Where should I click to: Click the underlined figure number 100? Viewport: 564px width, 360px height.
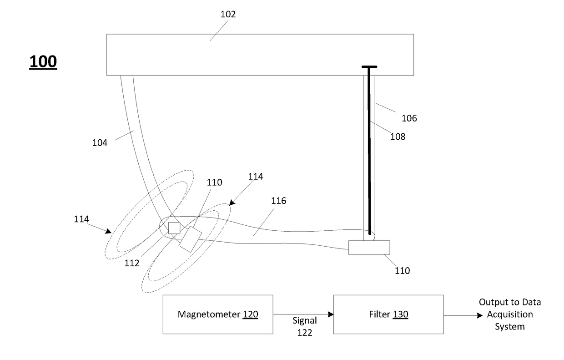(x=43, y=61)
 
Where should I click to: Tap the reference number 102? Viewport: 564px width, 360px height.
(x=228, y=15)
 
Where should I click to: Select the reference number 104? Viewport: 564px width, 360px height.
(x=100, y=142)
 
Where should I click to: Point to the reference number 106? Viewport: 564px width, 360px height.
(x=409, y=118)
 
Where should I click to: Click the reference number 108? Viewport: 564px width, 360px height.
(x=397, y=136)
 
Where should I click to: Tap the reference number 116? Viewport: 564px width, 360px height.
(x=278, y=201)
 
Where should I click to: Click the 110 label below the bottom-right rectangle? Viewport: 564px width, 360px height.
(x=402, y=271)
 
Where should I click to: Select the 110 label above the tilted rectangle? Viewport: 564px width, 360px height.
(x=214, y=183)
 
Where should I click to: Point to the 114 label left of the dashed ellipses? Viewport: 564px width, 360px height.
(x=82, y=219)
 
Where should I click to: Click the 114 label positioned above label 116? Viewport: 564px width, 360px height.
(x=255, y=177)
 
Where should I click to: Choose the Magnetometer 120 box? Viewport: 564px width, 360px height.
(x=218, y=314)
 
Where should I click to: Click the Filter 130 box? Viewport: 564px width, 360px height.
(x=388, y=314)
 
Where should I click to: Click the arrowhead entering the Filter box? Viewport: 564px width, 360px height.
(x=331, y=314)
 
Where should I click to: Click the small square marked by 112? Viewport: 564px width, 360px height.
(x=174, y=228)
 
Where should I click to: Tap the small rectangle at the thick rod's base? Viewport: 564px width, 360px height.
(x=369, y=247)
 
